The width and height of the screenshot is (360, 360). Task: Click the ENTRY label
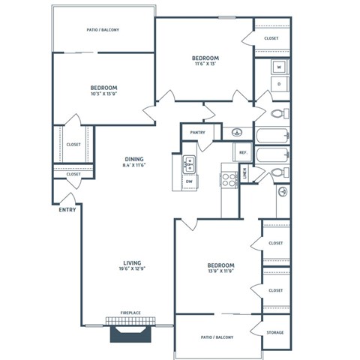[67, 210]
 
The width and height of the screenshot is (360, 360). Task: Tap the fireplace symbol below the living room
[132, 330]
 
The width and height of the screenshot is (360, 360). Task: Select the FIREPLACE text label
[132, 313]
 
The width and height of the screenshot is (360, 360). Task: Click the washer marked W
[279, 67]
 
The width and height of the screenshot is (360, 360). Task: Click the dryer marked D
[279, 84]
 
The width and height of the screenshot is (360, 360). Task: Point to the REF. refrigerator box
[243, 152]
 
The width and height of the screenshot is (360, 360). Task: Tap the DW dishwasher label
[188, 181]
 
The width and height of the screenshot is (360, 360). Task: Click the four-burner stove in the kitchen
[228, 180]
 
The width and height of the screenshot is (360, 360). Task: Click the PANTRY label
[197, 133]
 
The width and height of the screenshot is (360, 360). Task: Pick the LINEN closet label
[247, 174]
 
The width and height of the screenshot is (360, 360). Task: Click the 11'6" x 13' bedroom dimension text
[204, 65]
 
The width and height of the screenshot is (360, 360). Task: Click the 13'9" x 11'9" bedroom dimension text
[221, 273]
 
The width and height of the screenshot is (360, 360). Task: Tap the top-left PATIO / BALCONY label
[103, 30]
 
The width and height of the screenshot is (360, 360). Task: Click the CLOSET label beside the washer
[271, 38]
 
